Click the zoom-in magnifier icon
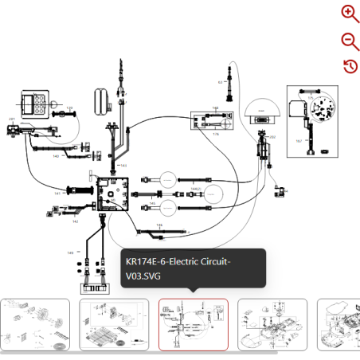[x=350, y=13]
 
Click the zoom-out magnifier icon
[x=350, y=41]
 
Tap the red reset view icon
[x=350, y=65]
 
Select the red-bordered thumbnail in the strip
[x=194, y=325]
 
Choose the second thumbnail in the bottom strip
[x=114, y=325]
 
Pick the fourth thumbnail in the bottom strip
[x=272, y=325]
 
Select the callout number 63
[x=221, y=82]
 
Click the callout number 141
[x=58, y=194]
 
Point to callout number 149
[x=70, y=252]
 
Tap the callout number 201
[x=12, y=119]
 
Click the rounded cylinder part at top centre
[x=102, y=100]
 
